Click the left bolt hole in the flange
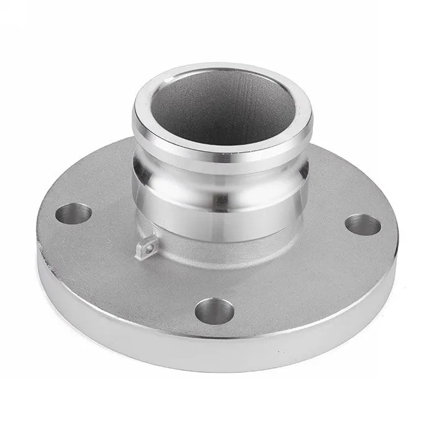[x=73, y=213]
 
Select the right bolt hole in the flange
[x=363, y=224]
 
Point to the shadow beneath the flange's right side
[x=367, y=311]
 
